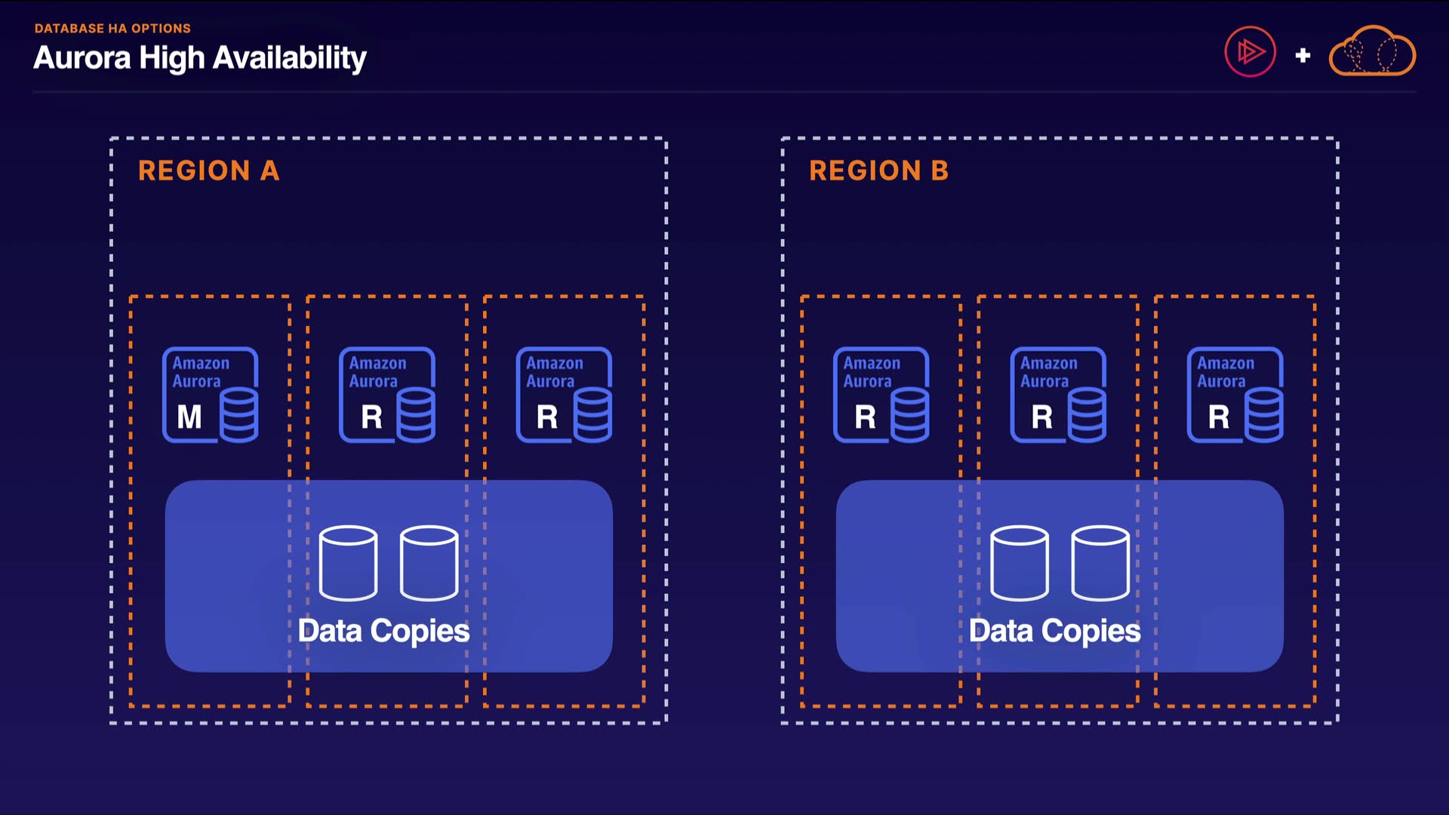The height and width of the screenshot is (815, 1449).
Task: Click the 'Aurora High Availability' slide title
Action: [x=200, y=58]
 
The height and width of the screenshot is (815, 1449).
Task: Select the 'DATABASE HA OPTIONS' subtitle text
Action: [x=112, y=29]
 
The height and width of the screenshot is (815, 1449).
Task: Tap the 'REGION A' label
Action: [x=208, y=171]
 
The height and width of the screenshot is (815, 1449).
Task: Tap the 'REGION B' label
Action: [x=878, y=171]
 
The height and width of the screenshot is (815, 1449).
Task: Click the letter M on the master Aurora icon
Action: [x=189, y=417]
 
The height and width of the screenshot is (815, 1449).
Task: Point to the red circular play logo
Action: [x=1250, y=52]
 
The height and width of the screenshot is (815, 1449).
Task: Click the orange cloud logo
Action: [x=1372, y=52]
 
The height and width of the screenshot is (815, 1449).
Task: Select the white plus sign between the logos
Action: [x=1303, y=55]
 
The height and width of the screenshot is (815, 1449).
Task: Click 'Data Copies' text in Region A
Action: [x=383, y=631]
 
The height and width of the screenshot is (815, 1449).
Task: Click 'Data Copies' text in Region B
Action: [x=1054, y=631]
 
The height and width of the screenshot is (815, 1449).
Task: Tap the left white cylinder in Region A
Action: [x=348, y=563]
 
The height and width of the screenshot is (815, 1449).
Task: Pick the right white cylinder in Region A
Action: [x=429, y=563]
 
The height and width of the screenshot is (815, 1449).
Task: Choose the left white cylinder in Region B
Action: [x=1019, y=563]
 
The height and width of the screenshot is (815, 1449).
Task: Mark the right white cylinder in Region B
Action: [x=1100, y=563]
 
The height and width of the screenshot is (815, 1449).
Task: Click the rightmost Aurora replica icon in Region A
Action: [x=564, y=395]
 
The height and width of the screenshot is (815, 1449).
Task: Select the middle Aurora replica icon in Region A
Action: [x=386, y=395]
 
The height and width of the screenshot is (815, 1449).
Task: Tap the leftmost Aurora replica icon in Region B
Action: [x=881, y=395]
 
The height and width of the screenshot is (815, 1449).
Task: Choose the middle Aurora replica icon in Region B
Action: [x=1058, y=395]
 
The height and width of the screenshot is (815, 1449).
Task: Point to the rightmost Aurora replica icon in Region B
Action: [x=1235, y=395]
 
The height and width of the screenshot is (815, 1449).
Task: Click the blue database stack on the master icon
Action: [x=239, y=415]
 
